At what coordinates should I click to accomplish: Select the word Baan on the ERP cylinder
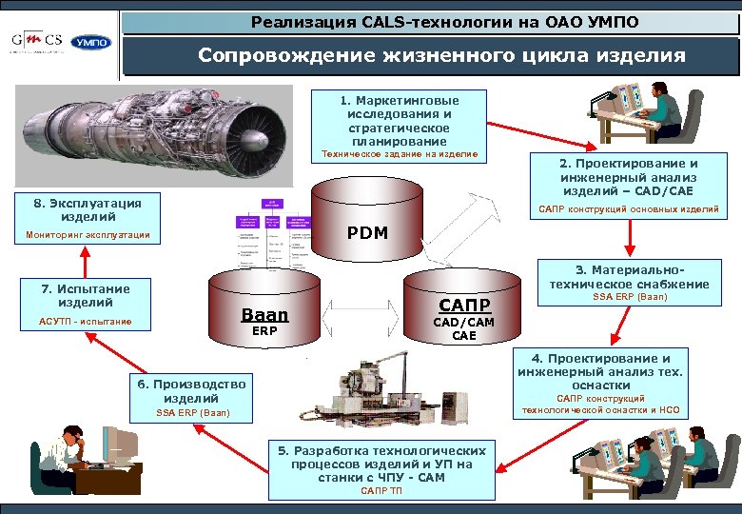pos(264,315)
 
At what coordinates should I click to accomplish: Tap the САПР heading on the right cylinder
pos(464,306)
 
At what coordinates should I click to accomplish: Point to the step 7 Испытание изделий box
pos(86,304)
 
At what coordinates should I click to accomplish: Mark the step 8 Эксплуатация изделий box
pos(87,218)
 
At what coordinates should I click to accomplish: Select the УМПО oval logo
pos(90,43)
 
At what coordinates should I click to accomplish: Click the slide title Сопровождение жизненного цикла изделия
pos(440,56)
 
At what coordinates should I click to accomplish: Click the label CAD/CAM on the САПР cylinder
pos(464,323)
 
